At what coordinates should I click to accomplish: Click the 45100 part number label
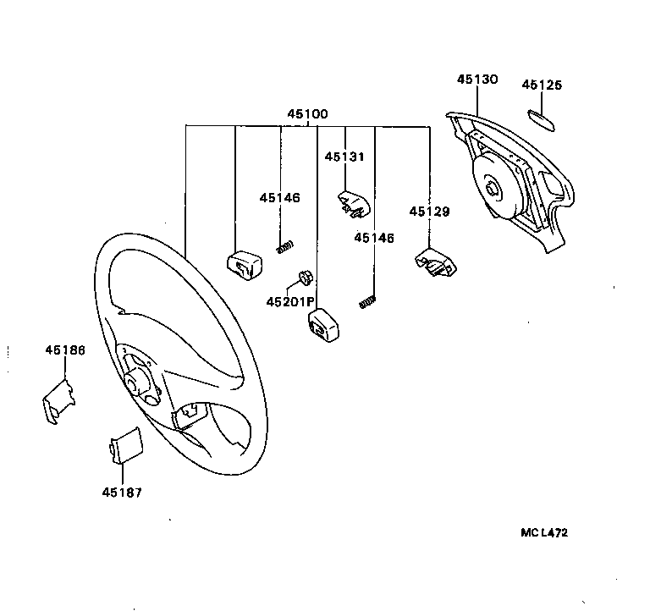(x=307, y=113)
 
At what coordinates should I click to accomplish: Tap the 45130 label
(x=477, y=79)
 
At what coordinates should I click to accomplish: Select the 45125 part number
(x=542, y=85)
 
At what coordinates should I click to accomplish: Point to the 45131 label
(x=345, y=156)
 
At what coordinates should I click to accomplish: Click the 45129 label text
(x=430, y=211)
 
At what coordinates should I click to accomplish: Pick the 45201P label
(x=289, y=301)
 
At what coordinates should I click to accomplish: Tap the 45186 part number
(x=64, y=350)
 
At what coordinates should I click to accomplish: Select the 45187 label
(x=122, y=492)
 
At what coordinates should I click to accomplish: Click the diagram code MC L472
(x=544, y=533)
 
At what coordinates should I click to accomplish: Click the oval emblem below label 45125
(x=542, y=118)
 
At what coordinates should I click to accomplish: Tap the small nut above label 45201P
(x=306, y=278)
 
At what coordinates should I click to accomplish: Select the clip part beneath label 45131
(x=353, y=204)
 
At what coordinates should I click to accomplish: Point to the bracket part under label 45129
(x=434, y=261)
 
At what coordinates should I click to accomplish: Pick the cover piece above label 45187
(x=126, y=447)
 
